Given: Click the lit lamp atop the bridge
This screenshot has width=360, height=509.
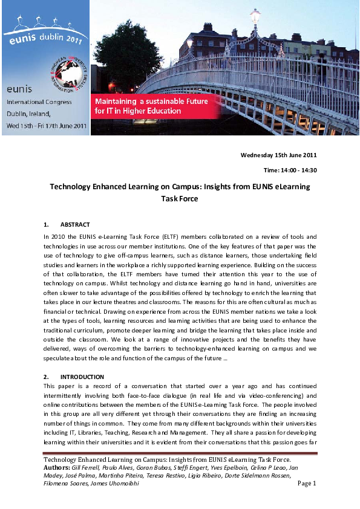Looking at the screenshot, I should click(255, 15).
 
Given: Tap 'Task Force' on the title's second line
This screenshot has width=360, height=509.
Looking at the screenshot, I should click(180, 198).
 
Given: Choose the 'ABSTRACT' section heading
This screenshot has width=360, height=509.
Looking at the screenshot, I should click(76, 224).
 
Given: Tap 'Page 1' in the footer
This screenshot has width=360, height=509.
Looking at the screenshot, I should click(307, 483).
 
